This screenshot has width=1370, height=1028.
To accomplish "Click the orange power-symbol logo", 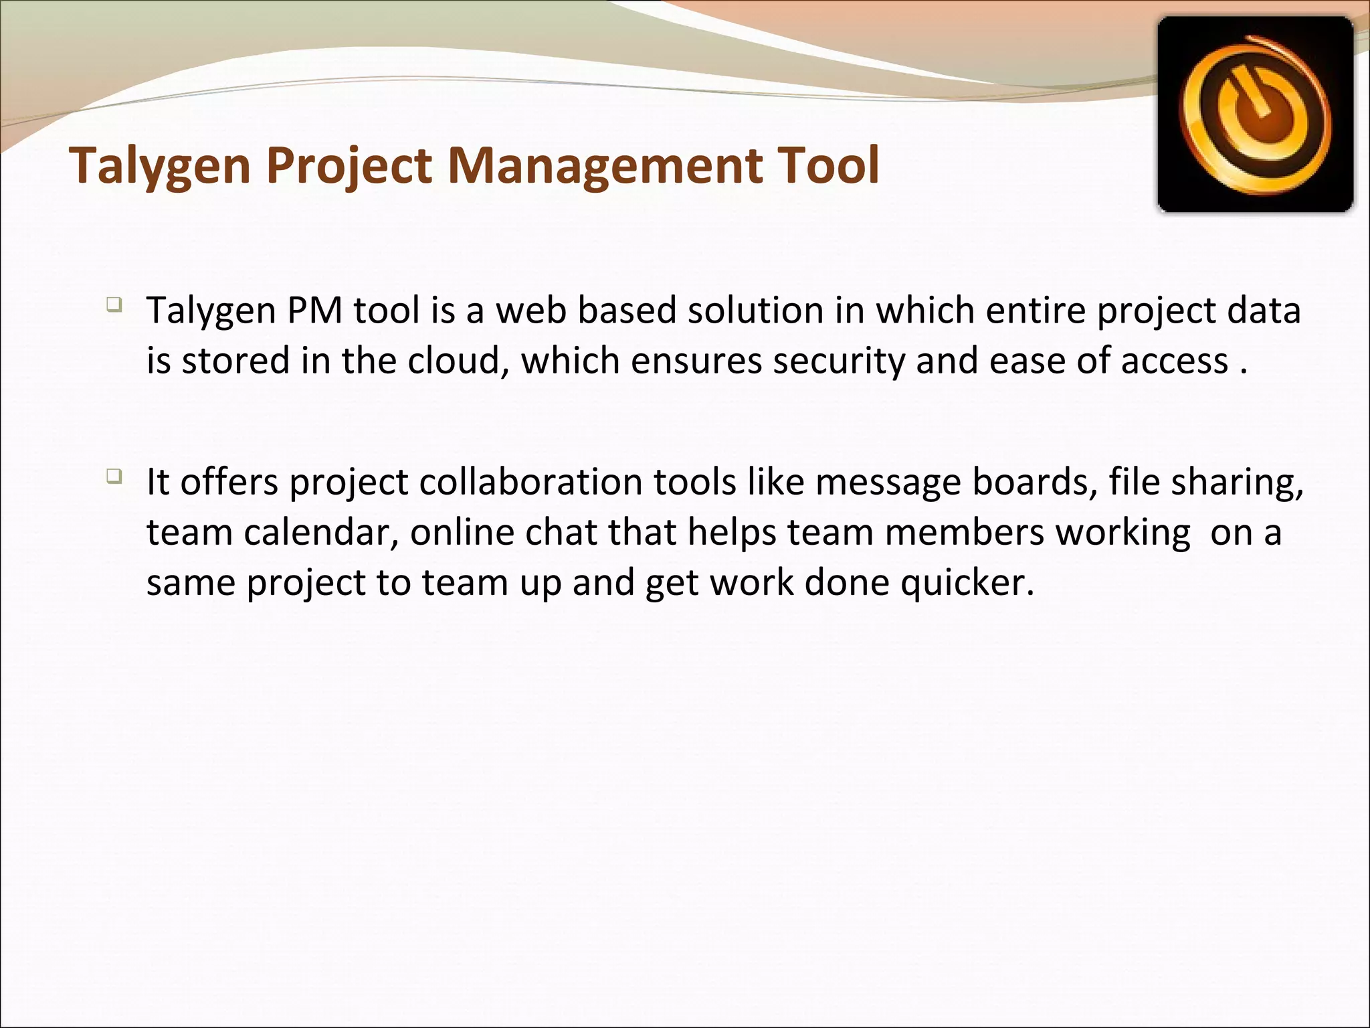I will [x=1256, y=114].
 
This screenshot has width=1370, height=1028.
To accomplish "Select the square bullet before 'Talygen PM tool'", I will [x=113, y=305].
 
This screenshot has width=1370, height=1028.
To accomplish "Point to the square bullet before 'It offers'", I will [x=113, y=477].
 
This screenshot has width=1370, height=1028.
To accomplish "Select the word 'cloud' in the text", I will [x=456, y=361].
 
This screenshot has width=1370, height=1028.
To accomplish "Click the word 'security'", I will [x=839, y=361].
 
